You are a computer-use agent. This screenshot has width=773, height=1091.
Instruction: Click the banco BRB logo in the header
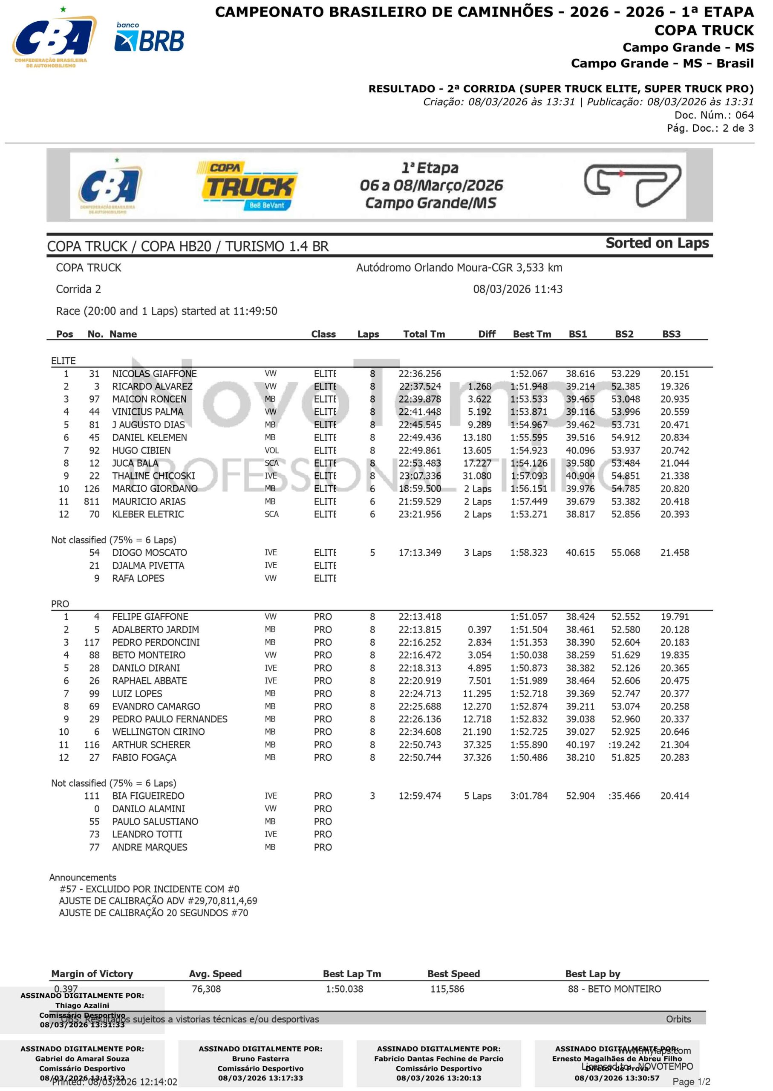point(149,38)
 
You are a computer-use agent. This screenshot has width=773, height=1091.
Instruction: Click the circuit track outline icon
point(632,185)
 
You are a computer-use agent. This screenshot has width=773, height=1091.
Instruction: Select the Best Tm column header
point(532,334)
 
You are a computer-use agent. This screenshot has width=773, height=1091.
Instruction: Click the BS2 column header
point(623,334)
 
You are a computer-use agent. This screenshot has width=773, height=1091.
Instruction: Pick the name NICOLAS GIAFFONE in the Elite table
point(154,374)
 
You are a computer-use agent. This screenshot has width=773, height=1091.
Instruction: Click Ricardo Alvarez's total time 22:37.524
point(419,387)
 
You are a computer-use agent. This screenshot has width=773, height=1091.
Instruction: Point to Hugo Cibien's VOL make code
point(271,450)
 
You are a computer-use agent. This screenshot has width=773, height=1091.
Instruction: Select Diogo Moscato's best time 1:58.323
point(528,553)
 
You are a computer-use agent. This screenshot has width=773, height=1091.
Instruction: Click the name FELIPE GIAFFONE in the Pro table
point(150,616)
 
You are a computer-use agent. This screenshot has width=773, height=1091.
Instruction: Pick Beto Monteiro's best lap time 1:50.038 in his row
point(528,655)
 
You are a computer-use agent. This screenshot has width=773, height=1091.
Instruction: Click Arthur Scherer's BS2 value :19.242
point(623,745)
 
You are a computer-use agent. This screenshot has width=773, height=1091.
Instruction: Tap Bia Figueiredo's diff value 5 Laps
point(477,796)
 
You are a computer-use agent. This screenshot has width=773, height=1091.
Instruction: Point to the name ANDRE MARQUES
point(150,847)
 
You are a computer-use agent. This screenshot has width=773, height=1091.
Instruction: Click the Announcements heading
point(82,877)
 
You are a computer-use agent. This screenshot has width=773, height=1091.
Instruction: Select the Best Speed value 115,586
point(447,989)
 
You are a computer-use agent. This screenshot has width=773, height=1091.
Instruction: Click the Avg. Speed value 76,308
point(206,989)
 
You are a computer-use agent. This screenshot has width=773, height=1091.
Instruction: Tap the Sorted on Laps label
point(657,243)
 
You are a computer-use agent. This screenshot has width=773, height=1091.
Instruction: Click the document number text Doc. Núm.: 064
point(713,115)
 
